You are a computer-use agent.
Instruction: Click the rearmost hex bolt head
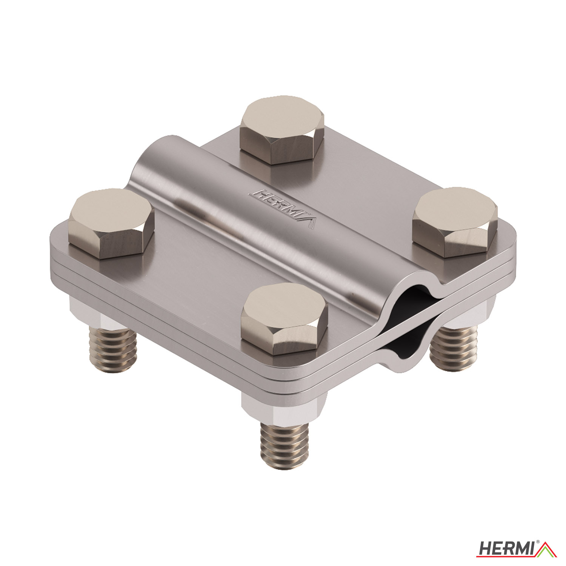coord(282,130)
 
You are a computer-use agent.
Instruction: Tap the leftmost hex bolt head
coord(111,223)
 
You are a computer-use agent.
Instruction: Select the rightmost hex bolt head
coord(455,222)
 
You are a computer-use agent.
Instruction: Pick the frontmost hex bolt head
coord(284,319)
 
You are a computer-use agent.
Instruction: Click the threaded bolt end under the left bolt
coord(112,349)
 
